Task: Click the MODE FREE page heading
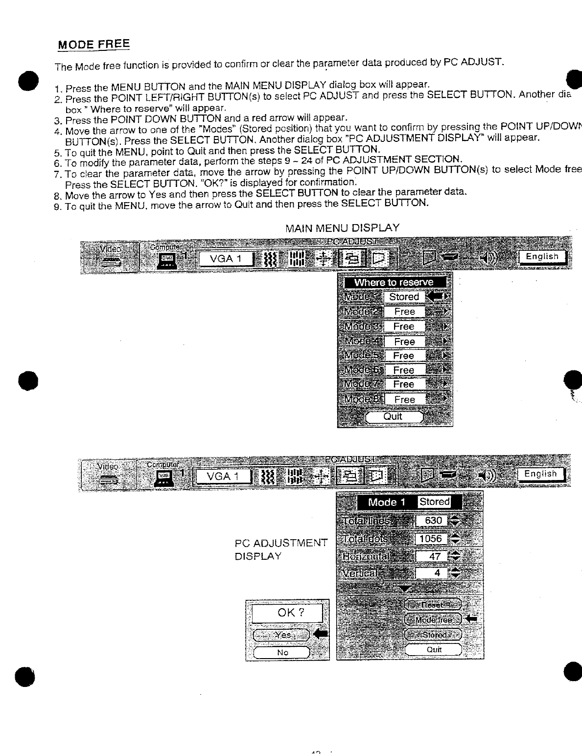(x=93, y=44)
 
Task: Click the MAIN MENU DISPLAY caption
(x=342, y=228)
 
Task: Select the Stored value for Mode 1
(x=404, y=297)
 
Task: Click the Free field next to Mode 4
(x=404, y=341)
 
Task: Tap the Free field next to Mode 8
(x=404, y=399)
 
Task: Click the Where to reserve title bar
(x=395, y=282)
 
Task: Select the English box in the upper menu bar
(x=542, y=256)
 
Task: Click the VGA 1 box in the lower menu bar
(x=223, y=476)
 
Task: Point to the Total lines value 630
(x=433, y=521)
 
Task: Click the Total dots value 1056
(x=431, y=539)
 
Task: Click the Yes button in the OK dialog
(x=282, y=635)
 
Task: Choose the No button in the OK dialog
(x=282, y=652)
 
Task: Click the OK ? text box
(x=287, y=613)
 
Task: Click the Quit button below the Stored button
(x=433, y=649)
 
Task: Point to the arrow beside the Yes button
(x=321, y=635)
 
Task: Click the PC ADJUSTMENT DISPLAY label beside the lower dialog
(x=280, y=549)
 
